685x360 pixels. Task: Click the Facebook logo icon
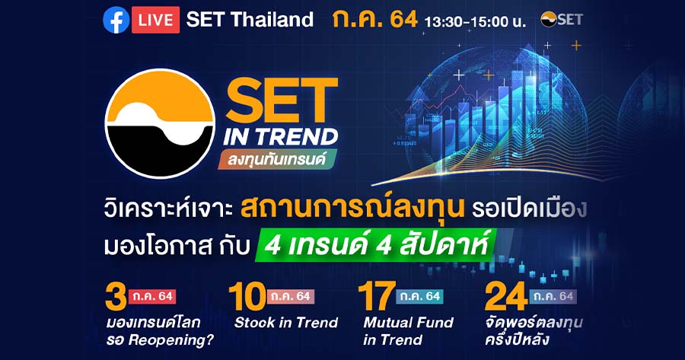click(x=116, y=20)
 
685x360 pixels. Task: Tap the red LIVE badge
click(x=155, y=20)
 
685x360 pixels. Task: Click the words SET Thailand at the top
click(x=250, y=20)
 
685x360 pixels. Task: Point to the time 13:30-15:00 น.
click(x=475, y=21)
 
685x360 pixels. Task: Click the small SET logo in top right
click(x=562, y=19)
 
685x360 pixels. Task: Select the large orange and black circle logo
click(x=160, y=123)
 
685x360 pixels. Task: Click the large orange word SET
click(x=282, y=100)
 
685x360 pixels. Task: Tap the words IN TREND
click(x=280, y=137)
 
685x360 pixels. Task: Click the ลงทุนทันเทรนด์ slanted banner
click(x=277, y=160)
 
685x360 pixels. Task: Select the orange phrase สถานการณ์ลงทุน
click(x=352, y=208)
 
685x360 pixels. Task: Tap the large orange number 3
click(x=116, y=297)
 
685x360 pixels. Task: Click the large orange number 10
click(x=247, y=297)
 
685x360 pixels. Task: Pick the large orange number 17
click(x=377, y=297)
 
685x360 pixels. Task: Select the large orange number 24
click(x=506, y=297)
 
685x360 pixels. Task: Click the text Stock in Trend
click(x=286, y=323)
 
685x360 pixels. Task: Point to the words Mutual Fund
click(x=409, y=323)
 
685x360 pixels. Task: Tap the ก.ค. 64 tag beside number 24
click(x=553, y=296)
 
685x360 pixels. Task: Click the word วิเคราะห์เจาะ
click(x=168, y=209)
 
